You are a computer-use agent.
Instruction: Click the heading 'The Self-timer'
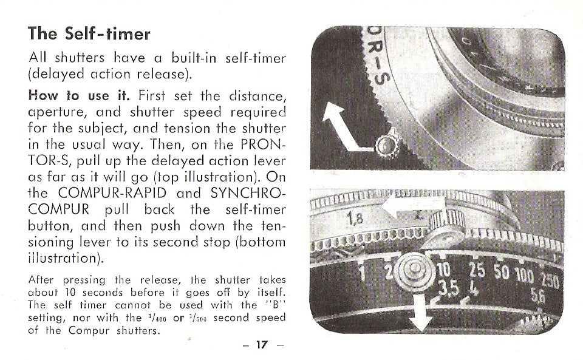(x=89, y=33)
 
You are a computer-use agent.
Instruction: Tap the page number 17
(x=261, y=345)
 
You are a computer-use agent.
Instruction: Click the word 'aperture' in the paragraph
(x=55, y=112)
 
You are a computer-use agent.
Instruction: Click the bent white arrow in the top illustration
(x=343, y=130)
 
